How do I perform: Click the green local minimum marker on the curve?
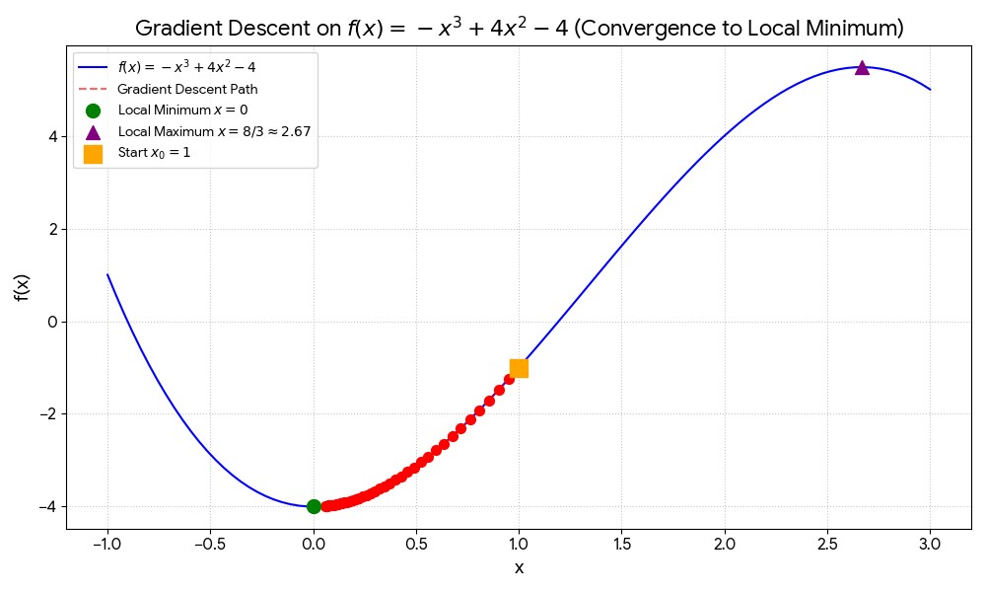pyautogui.click(x=314, y=506)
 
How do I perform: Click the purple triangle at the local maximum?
pyautogui.click(x=862, y=68)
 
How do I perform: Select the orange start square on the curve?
pyautogui.click(x=519, y=368)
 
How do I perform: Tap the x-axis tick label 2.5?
pyautogui.click(x=827, y=544)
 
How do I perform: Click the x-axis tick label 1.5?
pyautogui.click(x=621, y=544)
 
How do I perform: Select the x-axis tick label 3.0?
pyautogui.click(x=930, y=544)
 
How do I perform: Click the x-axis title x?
pyautogui.click(x=519, y=568)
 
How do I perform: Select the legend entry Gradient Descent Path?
pyautogui.click(x=187, y=89)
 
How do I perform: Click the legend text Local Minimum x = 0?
pyautogui.click(x=182, y=110)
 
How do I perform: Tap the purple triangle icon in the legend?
pyautogui.click(x=93, y=131)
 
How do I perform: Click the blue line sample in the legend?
pyautogui.click(x=93, y=68)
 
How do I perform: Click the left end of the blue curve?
pyautogui.click(x=108, y=275)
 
